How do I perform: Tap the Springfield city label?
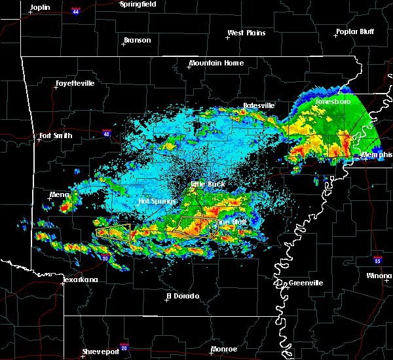(x=139, y=4)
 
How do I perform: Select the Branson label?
(x=137, y=41)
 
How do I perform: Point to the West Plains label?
(x=246, y=33)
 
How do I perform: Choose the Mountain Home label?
(x=216, y=63)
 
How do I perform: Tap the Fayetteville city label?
(x=75, y=84)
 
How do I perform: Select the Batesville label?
(x=259, y=105)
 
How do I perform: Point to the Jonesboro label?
(x=333, y=102)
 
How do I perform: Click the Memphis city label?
(x=378, y=155)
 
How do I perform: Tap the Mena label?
(x=59, y=194)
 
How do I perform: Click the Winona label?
(x=380, y=276)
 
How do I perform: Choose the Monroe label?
(x=224, y=350)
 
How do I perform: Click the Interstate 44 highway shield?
(x=75, y=11)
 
